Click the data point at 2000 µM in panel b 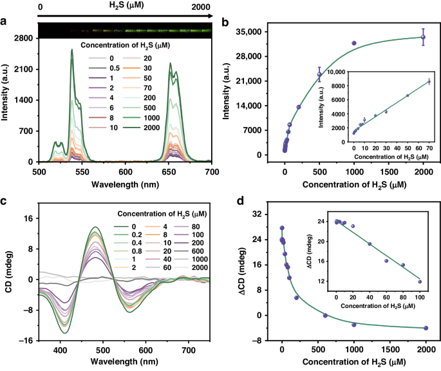pyautogui.click(x=423, y=37)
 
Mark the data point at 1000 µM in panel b pyautogui.click(x=354, y=43)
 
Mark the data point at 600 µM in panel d pyautogui.click(x=325, y=315)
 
